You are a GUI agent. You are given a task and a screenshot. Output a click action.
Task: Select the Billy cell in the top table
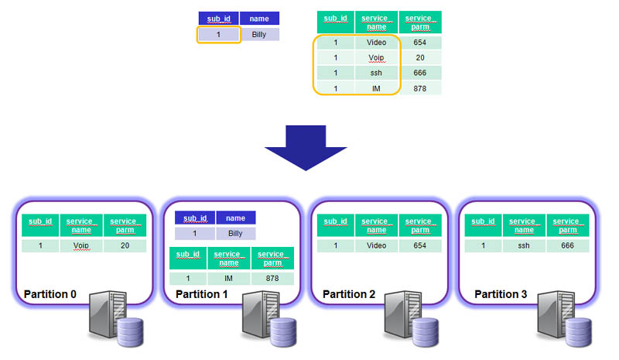tap(259, 35)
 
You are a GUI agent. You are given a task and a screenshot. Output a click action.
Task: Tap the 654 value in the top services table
tap(420, 43)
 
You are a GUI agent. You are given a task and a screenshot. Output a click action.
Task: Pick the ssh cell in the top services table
tap(376, 73)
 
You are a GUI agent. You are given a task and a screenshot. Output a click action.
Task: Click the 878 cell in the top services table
tap(420, 88)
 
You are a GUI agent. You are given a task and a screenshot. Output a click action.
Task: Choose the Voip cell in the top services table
tap(376, 58)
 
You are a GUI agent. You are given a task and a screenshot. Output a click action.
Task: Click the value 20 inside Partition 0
tap(124, 245)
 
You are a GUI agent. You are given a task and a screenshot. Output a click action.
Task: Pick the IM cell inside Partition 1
tap(229, 278)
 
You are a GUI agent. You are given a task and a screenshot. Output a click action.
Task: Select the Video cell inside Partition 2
tap(376, 245)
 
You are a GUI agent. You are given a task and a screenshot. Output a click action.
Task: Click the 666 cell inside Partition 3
tap(567, 245)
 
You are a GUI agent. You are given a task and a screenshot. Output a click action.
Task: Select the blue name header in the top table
tap(259, 19)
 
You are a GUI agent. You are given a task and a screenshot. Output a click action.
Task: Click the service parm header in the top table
tap(420, 22)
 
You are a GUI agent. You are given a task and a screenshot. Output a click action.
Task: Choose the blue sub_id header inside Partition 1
tap(195, 218)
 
